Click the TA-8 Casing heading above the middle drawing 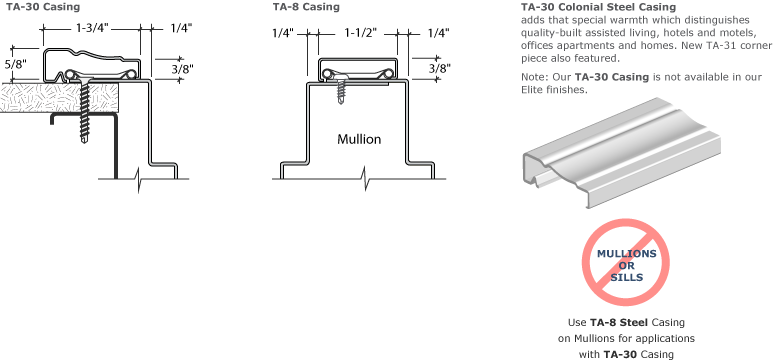pos(305,7)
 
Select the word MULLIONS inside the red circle pos(627,253)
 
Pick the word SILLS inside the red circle pos(626,274)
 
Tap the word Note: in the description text pos(533,77)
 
